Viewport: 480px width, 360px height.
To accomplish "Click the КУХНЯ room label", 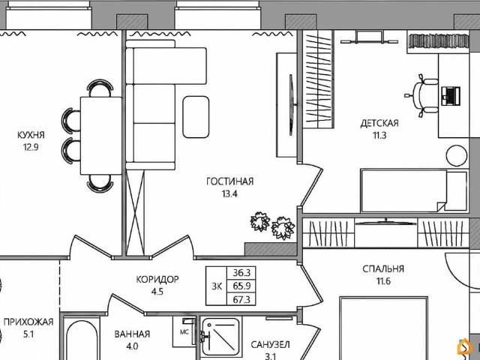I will pos(31,135).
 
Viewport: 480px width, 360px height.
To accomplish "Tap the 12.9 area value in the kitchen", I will pos(31,148).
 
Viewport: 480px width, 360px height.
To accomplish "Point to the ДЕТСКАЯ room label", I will pos(379,123).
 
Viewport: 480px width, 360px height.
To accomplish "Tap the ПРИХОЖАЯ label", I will pos(28,322).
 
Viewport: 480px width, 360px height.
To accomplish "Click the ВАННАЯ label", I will pos(132,334).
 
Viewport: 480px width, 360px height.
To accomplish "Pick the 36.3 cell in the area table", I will pos(242,274).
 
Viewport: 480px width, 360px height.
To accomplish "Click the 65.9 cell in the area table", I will pos(242,286).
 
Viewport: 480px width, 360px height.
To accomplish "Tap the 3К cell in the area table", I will pos(216,286).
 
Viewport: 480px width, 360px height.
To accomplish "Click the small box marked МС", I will pos(184,328).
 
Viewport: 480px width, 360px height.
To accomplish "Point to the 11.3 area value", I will pos(379,136).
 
